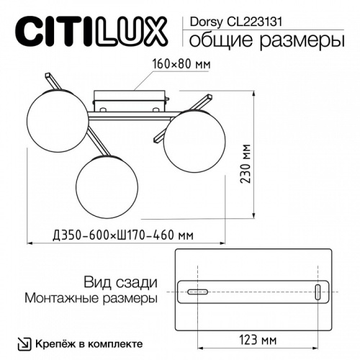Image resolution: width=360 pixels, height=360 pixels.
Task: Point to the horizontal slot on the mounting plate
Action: (196, 292)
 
